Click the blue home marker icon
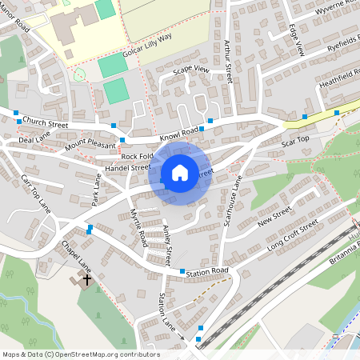click(x=180, y=172)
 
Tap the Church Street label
click(x=45, y=121)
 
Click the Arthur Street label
click(x=228, y=62)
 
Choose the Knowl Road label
click(x=178, y=133)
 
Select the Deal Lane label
click(x=34, y=139)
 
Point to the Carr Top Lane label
click(x=36, y=193)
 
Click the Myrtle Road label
click(x=138, y=226)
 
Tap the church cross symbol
click(x=86, y=280)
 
